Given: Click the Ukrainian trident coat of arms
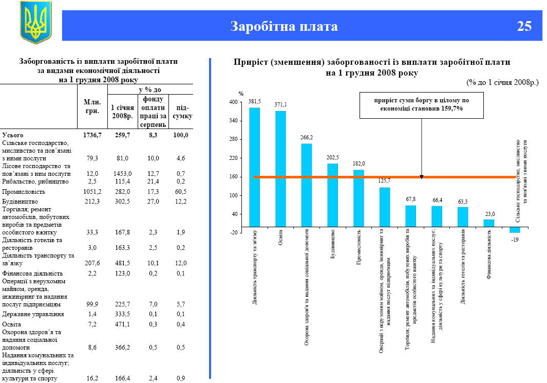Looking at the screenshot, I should pos(35,22).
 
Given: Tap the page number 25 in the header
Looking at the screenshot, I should pos(524,26).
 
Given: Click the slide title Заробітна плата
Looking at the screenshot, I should pos(284,26).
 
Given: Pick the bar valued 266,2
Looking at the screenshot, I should pos(307,185).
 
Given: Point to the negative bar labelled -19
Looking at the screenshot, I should pos(515,229).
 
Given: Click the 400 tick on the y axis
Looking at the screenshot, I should pos(233,102).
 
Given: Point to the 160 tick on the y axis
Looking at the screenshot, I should pos(233,177).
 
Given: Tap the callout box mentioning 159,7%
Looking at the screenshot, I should pos(422,104).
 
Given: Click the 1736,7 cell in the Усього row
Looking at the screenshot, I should pos(92,135).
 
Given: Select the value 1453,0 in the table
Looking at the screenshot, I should pos(123,174).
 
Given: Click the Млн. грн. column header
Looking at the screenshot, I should pos(92,106).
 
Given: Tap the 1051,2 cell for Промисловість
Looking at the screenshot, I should pos(92,192).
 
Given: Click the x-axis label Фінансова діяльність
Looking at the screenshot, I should pos(489,260).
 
